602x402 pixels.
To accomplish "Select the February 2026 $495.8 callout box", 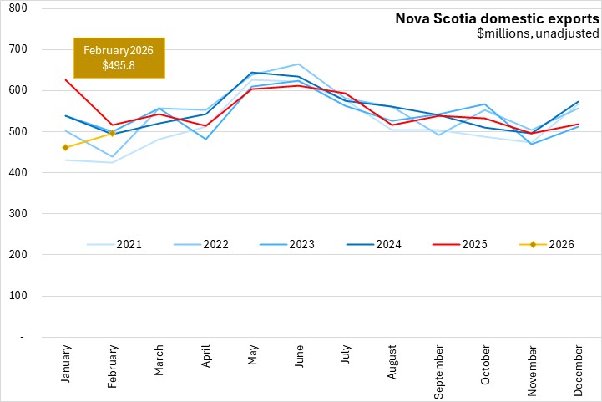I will click(119, 58).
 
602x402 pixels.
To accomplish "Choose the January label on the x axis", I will click(67, 366).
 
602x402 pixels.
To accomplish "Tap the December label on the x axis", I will click(578, 369).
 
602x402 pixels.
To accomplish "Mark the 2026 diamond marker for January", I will click(66, 147).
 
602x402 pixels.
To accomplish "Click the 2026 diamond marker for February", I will click(112, 133).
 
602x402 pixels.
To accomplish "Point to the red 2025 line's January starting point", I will click(66, 79).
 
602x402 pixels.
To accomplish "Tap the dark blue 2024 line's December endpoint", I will click(578, 102).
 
